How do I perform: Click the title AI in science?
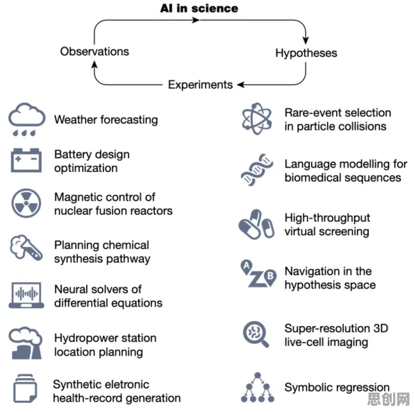coord(199,8)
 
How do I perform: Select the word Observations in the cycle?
coord(94,51)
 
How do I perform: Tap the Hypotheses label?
coord(306,53)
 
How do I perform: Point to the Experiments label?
coord(200,85)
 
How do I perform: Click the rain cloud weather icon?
coord(26,119)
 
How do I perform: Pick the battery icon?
coord(26,160)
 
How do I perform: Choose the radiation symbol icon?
coord(26,203)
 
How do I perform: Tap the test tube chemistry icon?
coord(26,248)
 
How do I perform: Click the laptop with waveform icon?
coord(26,295)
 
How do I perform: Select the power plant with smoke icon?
coord(26,343)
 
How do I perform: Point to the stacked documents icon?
coord(25,388)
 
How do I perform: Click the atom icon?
coord(256,119)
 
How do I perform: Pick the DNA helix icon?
coord(257,170)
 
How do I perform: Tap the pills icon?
coord(256,224)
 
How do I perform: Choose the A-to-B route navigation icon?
coord(258,274)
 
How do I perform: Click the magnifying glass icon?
coord(256,334)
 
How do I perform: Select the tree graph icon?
coord(258,387)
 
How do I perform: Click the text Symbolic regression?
coord(337,388)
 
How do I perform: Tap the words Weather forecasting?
coord(106,120)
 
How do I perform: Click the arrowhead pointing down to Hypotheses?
coord(306,40)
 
